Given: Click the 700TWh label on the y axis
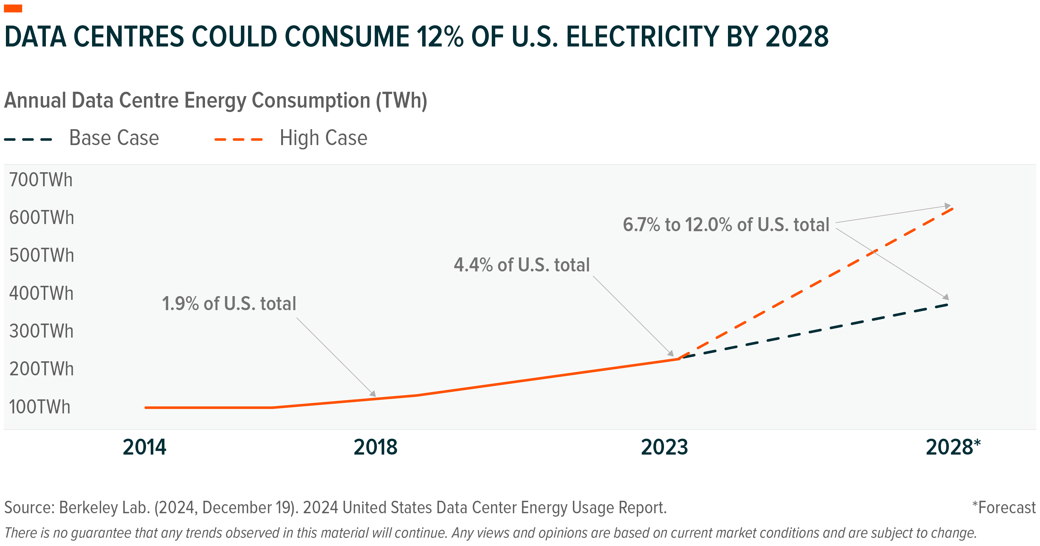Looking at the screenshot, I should pyautogui.click(x=41, y=180).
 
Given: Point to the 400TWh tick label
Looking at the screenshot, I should pyautogui.click(x=41, y=293).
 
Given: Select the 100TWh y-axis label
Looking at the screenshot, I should pyautogui.click(x=40, y=407).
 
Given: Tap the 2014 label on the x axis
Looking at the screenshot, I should pyautogui.click(x=144, y=447).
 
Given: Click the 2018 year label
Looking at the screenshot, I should pyautogui.click(x=375, y=447).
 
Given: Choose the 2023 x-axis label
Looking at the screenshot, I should pyautogui.click(x=665, y=447).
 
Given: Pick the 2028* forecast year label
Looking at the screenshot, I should pyautogui.click(x=953, y=447).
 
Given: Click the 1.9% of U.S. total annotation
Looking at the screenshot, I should pyautogui.click(x=229, y=304).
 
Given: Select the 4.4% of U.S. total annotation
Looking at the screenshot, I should pyautogui.click(x=522, y=265).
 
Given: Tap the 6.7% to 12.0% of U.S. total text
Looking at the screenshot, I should pyautogui.click(x=726, y=225).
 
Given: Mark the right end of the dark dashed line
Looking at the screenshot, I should pyautogui.click(x=947, y=305).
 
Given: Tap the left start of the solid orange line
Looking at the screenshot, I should pyautogui.click(x=146, y=407).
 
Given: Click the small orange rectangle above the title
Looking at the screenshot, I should pyautogui.click(x=13, y=8).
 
